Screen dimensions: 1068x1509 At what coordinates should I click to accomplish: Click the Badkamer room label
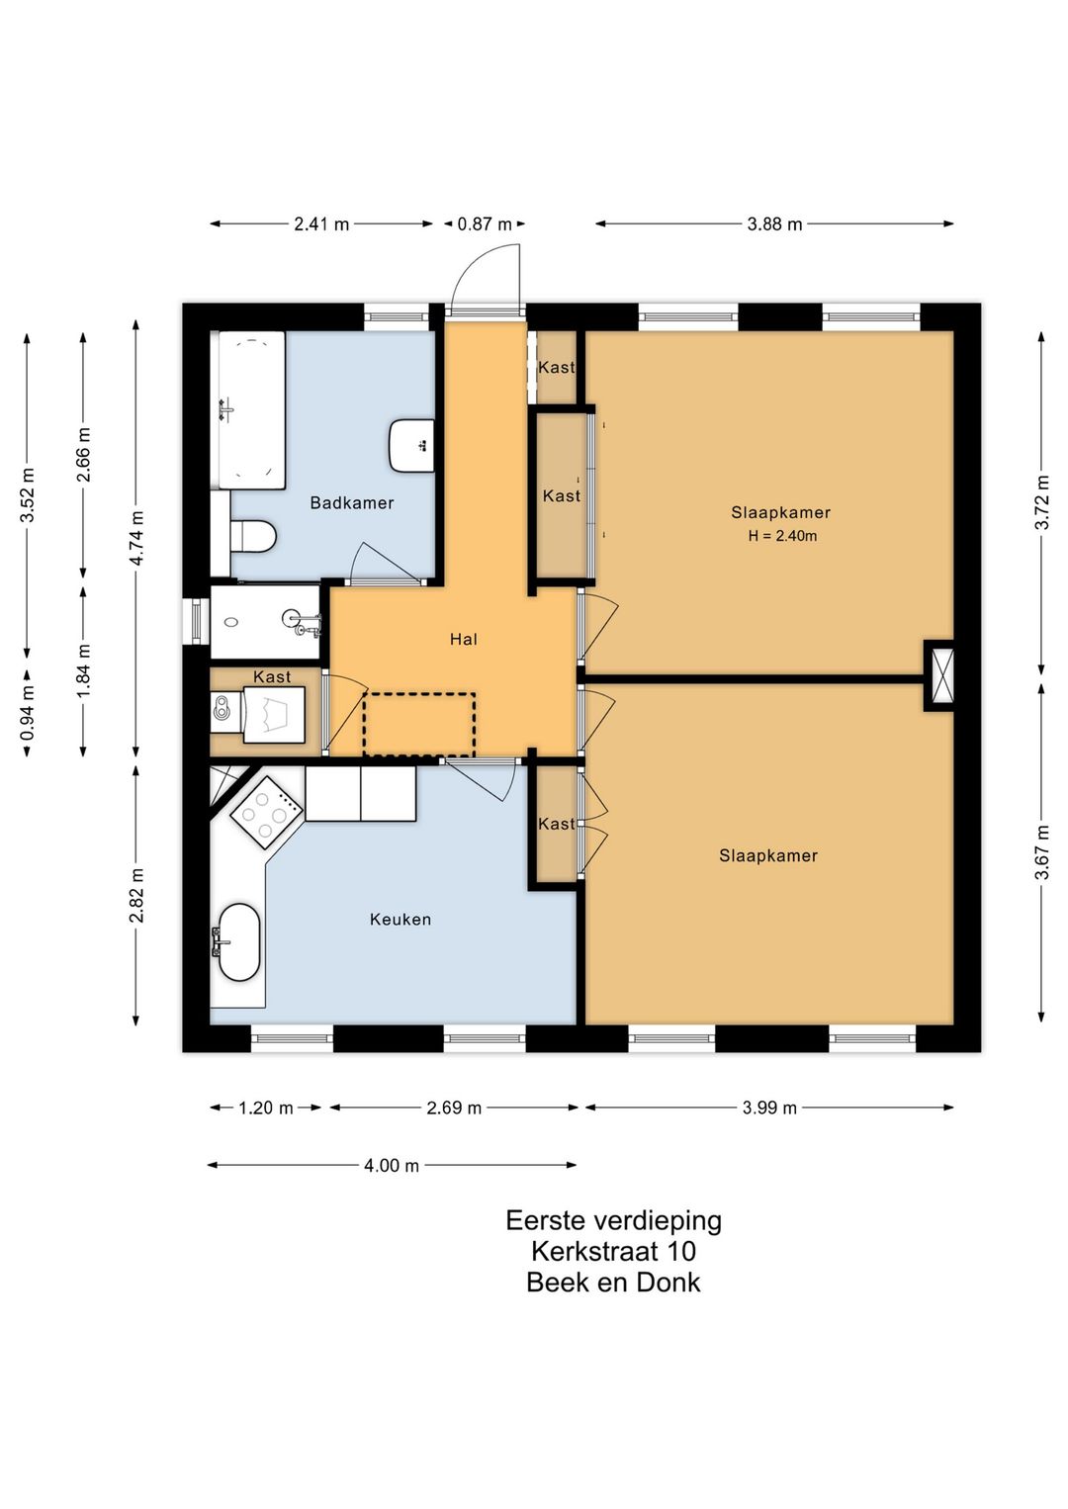[352, 502]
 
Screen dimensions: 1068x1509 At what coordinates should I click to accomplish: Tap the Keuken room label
[400, 919]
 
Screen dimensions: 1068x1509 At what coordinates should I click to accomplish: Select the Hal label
[464, 639]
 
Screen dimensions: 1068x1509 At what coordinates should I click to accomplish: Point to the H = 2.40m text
[782, 536]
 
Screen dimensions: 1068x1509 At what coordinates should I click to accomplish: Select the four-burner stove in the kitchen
[267, 813]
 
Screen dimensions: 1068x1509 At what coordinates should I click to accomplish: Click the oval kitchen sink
[239, 941]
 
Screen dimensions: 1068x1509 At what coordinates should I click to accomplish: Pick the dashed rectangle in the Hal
[419, 724]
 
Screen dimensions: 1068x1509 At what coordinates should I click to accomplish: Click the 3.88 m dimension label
[774, 223]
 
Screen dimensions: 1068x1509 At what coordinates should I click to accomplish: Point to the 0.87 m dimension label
[485, 223]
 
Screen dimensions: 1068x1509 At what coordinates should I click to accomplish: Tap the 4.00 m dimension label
[392, 1165]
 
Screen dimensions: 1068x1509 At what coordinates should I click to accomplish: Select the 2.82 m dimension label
[136, 895]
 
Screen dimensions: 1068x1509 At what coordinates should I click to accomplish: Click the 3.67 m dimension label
[1041, 852]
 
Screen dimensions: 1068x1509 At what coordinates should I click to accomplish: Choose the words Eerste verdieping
[613, 1219]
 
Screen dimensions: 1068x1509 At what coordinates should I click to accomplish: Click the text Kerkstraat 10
[613, 1250]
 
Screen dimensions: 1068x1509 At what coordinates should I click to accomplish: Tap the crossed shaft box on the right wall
[939, 675]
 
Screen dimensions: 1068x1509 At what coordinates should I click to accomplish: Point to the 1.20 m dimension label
[265, 1108]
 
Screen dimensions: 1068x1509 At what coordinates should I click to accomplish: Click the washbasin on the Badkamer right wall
[411, 445]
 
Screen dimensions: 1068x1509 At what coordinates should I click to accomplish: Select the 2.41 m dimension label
[321, 223]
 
